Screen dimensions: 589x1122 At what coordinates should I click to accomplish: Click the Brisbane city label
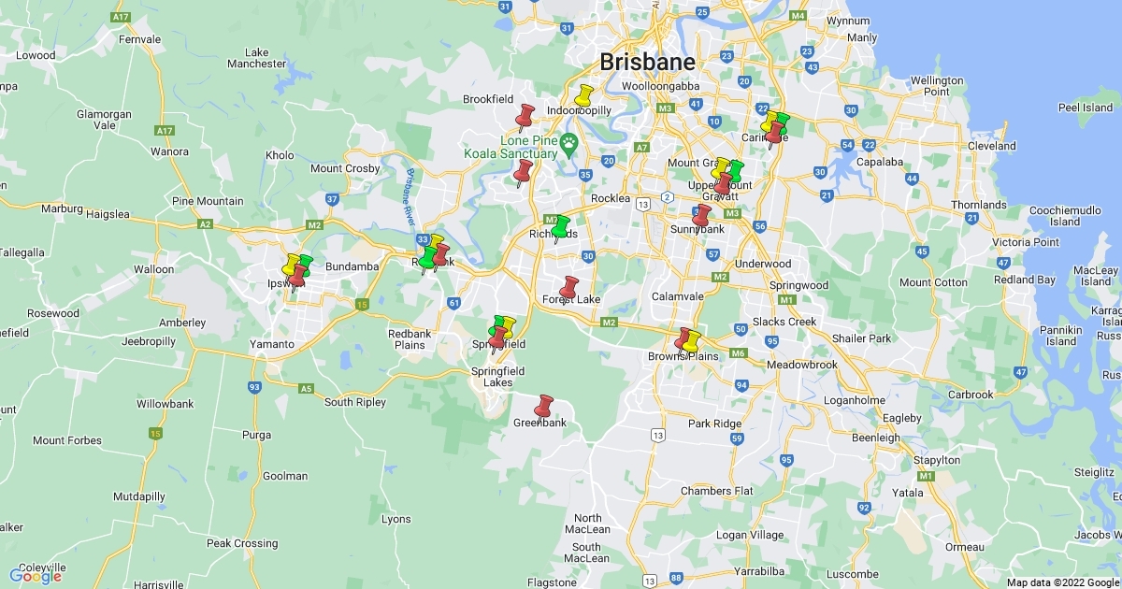tap(648, 63)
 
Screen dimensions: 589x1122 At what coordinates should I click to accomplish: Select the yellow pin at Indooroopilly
tap(583, 96)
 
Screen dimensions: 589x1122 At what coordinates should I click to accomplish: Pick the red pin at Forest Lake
tap(568, 288)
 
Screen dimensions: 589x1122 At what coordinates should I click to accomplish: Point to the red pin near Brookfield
tap(525, 117)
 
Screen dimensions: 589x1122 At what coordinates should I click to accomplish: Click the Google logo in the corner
tap(36, 576)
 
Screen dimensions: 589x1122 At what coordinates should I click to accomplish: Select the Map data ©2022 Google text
tap(1062, 582)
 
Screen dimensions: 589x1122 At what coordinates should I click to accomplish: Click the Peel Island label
tap(1085, 108)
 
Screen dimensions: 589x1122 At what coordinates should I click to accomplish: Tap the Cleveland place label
tap(992, 146)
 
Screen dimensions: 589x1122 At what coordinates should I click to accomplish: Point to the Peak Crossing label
tap(242, 543)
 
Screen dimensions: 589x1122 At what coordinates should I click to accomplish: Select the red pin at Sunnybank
tap(701, 216)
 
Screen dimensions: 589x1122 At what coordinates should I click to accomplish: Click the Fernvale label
tap(140, 40)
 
